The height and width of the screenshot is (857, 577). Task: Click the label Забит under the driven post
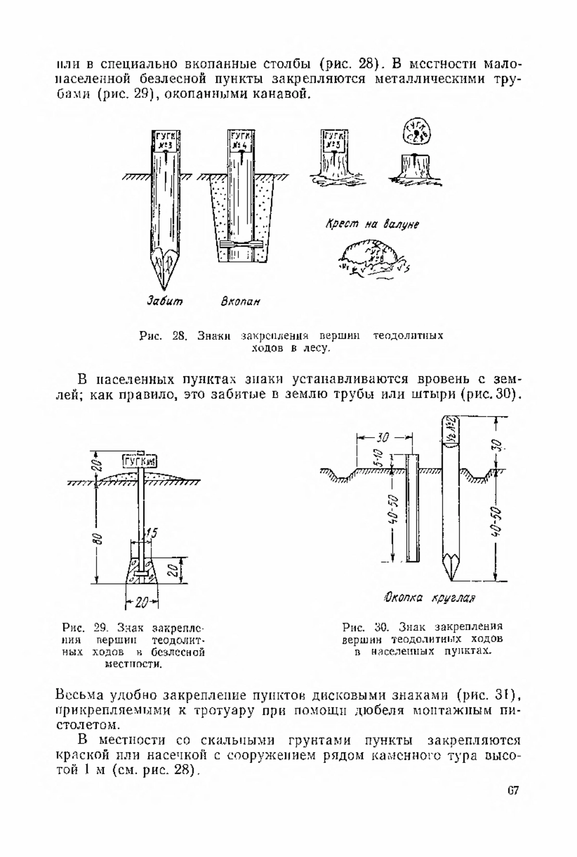[x=165, y=302]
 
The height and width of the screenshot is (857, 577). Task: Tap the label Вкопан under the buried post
[x=240, y=302]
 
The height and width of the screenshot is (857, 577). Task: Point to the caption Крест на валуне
[x=372, y=224]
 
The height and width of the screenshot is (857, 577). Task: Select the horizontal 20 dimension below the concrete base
[x=142, y=602]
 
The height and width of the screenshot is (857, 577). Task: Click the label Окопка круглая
[x=429, y=598]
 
